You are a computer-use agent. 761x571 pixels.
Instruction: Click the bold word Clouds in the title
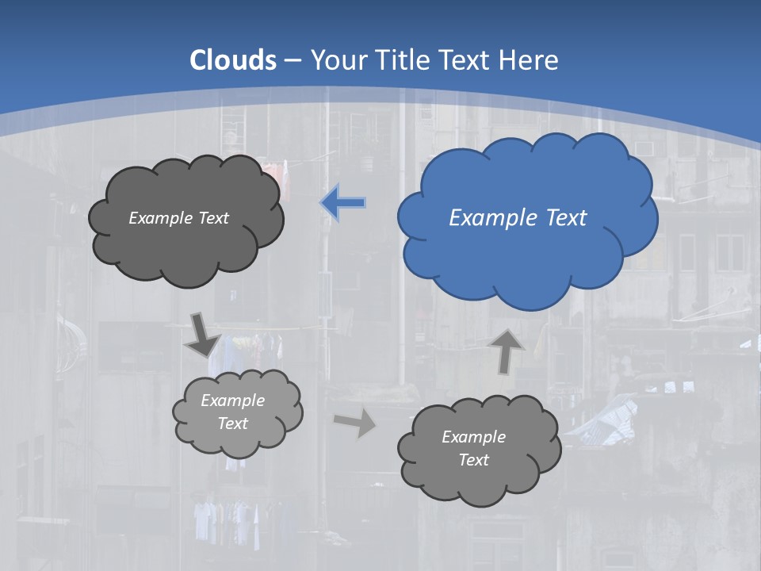click(x=233, y=59)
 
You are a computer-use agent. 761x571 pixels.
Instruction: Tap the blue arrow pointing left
click(x=343, y=203)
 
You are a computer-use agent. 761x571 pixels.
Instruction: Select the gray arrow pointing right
click(x=355, y=423)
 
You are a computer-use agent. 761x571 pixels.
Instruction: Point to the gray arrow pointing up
click(x=507, y=350)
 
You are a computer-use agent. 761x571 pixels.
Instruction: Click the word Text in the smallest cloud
click(x=232, y=423)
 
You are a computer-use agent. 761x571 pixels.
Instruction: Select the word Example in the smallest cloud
click(x=232, y=400)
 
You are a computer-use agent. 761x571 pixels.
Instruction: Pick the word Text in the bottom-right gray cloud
click(x=473, y=460)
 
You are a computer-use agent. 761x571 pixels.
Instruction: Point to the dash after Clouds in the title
click(x=292, y=60)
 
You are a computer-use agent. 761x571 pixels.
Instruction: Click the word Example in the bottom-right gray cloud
click(x=473, y=437)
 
